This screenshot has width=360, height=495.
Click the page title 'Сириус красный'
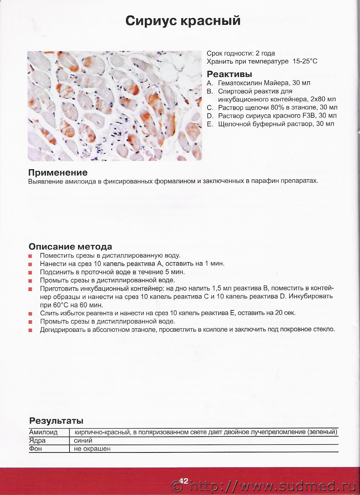pyautogui.click(x=183, y=21)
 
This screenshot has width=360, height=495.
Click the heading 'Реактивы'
pyautogui.click(x=229, y=74)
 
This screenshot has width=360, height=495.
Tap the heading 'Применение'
pyautogui.click(x=58, y=173)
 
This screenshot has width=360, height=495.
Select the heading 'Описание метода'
pyautogui.click(x=70, y=246)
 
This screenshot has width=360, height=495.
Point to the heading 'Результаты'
pyautogui.click(x=56, y=421)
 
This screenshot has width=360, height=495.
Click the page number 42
pyautogui.click(x=184, y=481)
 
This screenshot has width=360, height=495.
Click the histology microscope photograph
pyautogui.click(x=114, y=106)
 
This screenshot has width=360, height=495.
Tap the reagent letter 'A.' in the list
pyautogui.click(x=210, y=83)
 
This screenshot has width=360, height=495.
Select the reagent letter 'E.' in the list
pyautogui.click(x=210, y=124)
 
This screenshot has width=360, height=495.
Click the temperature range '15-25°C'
pyautogui.click(x=305, y=61)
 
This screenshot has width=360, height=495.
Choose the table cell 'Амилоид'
pyautogui.click(x=43, y=432)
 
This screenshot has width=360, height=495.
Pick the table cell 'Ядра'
pyautogui.click(x=38, y=440)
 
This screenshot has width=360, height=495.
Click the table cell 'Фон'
pyautogui.click(x=36, y=449)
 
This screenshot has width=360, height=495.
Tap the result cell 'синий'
pyautogui.click(x=83, y=440)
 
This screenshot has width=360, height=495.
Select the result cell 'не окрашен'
pyautogui.click(x=92, y=449)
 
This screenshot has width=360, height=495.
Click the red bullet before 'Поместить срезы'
pyautogui.click(x=30, y=256)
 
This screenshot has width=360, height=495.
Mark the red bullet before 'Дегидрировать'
pyautogui.click(x=30, y=330)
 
